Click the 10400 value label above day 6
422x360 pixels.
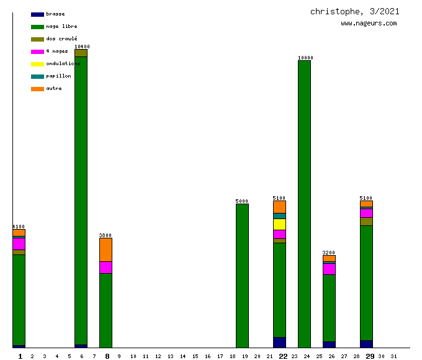coord(82,47)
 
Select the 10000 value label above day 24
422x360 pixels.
coord(305,58)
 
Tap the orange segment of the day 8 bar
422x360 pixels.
coord(105,250)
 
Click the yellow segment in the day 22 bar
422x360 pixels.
coord(279,224)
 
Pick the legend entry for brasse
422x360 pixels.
coord(47,14)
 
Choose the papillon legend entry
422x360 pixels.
coord(50,76)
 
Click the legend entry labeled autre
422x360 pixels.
coord(47,88)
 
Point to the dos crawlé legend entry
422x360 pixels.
coord(53,38)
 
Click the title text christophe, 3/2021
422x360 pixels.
coord(355,12)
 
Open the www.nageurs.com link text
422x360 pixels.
coord(369,24)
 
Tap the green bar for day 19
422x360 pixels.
coord(242,276)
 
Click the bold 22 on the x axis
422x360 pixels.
coord(283,356)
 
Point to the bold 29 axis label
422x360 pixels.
coord(370,356)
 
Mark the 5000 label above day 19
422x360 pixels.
coord(242,201)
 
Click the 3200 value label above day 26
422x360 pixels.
coord(329,253)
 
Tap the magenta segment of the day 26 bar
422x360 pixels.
coord(329,269)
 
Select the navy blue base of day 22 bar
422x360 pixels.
coord(279,342)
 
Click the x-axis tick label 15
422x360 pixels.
coord(195,356)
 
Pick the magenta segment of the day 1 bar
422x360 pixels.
coord(19,244)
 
